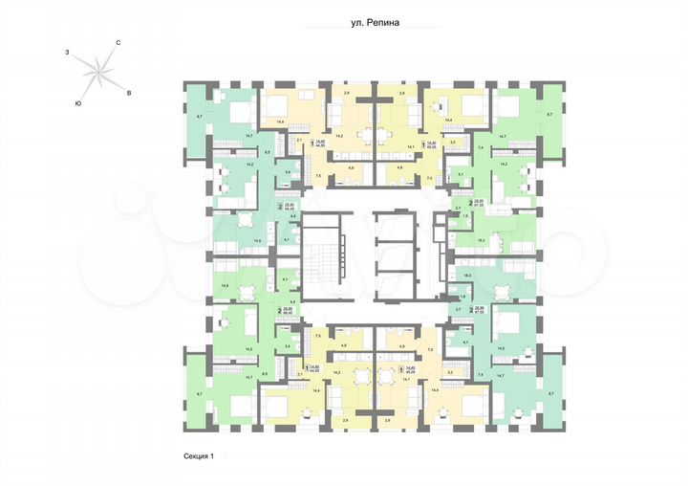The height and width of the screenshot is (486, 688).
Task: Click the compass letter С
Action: pyautogui.click(x=118, y=43)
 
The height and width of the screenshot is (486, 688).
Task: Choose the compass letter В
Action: pyautogui.click(x=128, y=93)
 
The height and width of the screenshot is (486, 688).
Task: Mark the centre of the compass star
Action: pyautogui.click(x=97, y=71)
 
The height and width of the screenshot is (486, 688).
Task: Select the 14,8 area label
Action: pyautogui.click(x=224, y=284)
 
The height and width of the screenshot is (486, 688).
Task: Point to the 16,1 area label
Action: pyautogui.click(x=482, y=239)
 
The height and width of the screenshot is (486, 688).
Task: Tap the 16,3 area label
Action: pyautogui.click(x=467, y=275)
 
